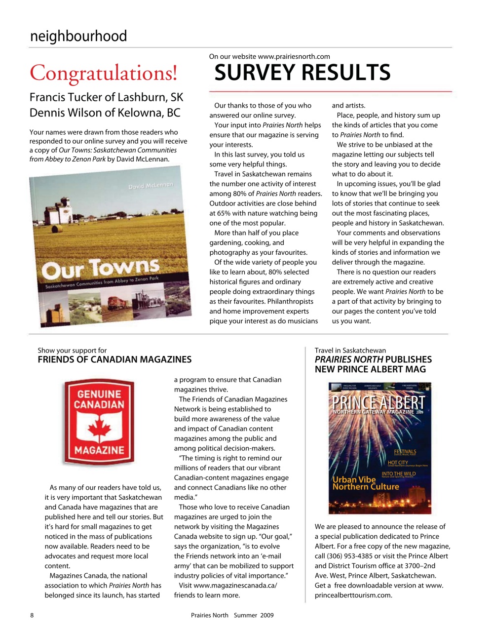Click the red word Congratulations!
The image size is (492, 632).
point(103,73)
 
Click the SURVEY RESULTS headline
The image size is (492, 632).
point(302,73)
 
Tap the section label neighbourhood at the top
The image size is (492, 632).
point(78,36)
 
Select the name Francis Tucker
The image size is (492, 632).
point(66,97)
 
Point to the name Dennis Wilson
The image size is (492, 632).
point(64,113)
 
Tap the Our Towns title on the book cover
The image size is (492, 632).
point(101,268)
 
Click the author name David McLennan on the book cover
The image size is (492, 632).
point(151,186)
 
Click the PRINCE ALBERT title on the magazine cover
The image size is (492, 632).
point(378,401)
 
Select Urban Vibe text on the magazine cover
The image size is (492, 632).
point(354,479)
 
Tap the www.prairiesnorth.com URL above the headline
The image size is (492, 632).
point(294,56)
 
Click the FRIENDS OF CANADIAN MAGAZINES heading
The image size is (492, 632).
point(114,359)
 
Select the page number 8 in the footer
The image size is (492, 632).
point(32,615)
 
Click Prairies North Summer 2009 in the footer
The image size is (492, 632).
point(232,615)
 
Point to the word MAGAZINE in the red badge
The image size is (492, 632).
point(99,450)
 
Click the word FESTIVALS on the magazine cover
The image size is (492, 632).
point(405,451)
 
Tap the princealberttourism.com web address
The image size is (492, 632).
point(353,595)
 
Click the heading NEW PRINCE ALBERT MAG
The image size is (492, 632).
point(370,369)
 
